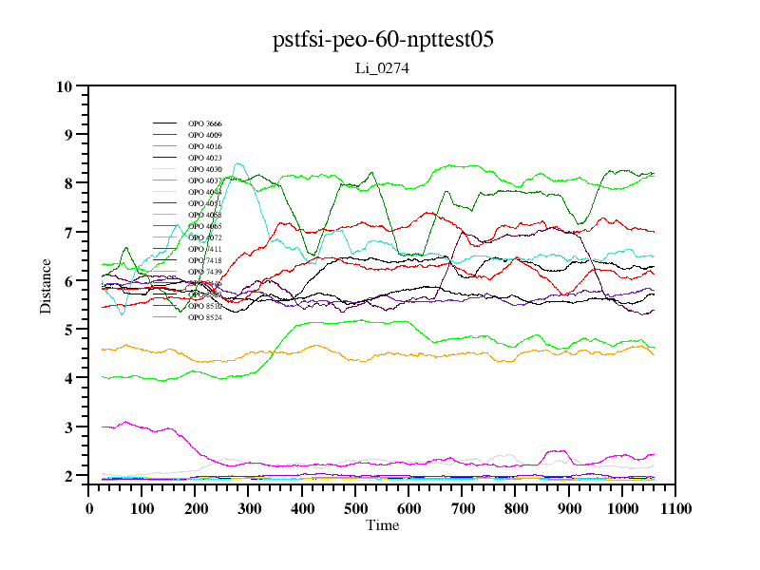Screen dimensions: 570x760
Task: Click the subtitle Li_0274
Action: pos(382,68)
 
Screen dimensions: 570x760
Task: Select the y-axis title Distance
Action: pos(46,285)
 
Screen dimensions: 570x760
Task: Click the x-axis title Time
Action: pos(382,525)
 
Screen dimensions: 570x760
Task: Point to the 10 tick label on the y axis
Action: pos(65,86)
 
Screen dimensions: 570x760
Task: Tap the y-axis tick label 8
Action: pos(68,183)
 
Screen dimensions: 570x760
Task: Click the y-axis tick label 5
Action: pos(68,330)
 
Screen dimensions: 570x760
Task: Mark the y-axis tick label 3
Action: pos(68,427)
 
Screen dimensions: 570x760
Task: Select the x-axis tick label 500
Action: pos(355,508)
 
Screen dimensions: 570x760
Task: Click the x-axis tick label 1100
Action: pos(674,508)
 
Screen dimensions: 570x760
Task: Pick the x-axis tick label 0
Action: pos(89,508)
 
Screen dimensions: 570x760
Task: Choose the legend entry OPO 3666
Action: pos(205,123)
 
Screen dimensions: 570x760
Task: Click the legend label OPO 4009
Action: pos(205,135)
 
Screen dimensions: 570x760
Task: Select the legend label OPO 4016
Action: pos(205,146)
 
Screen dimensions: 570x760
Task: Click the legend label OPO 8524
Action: pos(205,317)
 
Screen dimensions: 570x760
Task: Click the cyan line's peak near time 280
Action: pos(238,163)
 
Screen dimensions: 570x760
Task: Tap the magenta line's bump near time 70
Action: pos(125,422)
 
